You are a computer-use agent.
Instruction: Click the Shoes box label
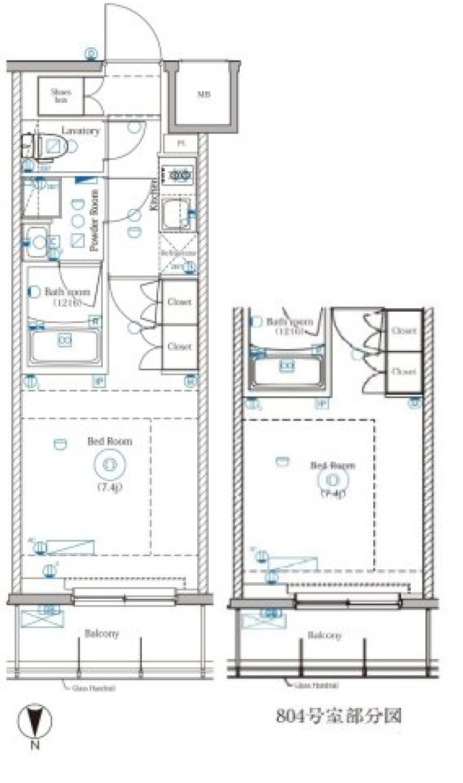[61, 96]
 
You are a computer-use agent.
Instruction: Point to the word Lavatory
[80, 131]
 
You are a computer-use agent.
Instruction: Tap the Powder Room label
[95, 220]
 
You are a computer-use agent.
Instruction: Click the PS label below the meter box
[181, 143]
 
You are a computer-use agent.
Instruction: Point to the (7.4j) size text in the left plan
[110, 487]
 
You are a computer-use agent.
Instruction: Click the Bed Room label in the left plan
[109, 441]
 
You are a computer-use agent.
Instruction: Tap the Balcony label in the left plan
[101, 633]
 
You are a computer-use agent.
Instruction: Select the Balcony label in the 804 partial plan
[325, 635]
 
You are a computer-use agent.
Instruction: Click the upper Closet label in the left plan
[179, 302]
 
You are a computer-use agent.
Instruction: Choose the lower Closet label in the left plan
[179, 346]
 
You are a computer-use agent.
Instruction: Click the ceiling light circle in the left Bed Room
[110, 464]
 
